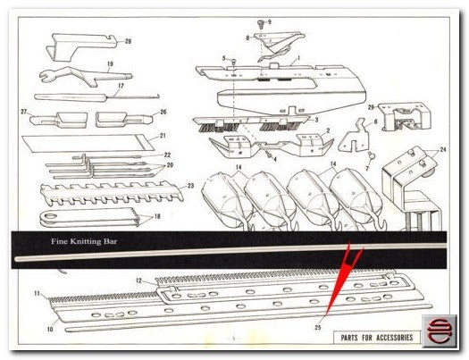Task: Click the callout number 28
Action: (128, 41)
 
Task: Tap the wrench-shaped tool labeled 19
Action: (85, 76)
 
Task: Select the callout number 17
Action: (121, 86)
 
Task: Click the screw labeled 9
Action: (261, 23)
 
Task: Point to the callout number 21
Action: (163, 136)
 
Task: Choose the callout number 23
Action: (190, 186)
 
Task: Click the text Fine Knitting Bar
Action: (84, 241)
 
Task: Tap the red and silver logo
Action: (440, 331)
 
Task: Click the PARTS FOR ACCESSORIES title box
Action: (377, 338)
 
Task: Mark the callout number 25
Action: (318, 328)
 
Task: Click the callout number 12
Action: (138, 280)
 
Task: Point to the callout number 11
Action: (37, 294)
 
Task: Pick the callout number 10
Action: (50, 330)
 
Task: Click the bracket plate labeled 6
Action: (355, 137)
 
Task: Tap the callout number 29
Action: (371, 107)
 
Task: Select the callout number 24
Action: (443, 149)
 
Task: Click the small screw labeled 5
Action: (234, 63)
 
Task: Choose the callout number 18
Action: (156, 216)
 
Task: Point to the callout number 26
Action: (163, 113)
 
